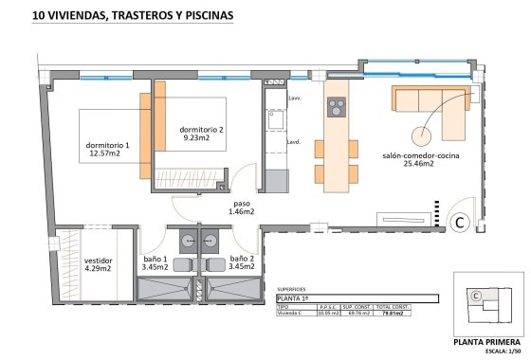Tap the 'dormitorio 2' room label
(x=201, y=129)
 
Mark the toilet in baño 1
(x=182, y=262)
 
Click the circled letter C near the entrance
(x=458, y=223)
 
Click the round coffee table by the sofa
(x=419, y=134)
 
